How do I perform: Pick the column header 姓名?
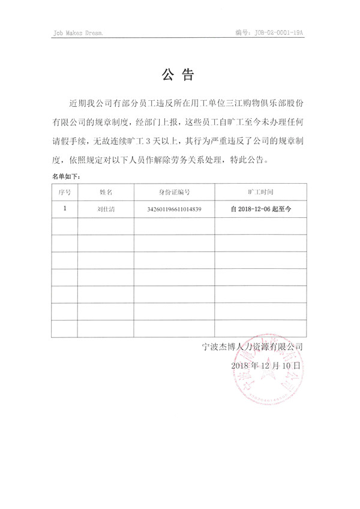pyautogui.click(x=106, y=192)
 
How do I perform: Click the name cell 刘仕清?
pyautogui.click(x=106, y=209)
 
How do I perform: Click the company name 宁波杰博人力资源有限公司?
pyautogui.click(x=253, y=347)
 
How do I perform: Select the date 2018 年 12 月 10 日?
pyautogui.click(x=265, y=365)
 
